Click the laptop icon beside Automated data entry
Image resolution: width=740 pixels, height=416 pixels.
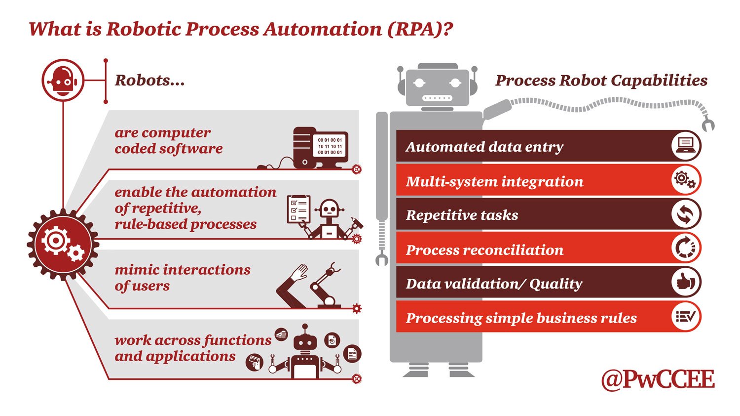(686, 146)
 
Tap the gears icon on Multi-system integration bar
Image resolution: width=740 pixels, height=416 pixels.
(686, 180)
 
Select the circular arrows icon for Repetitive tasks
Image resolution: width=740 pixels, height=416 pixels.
(686, 214)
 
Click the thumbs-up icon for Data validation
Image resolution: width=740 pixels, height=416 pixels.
(686, 283)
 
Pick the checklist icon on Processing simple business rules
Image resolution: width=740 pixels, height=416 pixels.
(686, 317)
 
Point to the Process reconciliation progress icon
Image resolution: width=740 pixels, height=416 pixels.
(686, 248)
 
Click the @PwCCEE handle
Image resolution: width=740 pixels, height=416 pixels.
(658, 379)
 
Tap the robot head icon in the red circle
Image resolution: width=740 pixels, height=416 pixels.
(63, 80)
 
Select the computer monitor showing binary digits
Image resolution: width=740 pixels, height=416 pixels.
(330, 147)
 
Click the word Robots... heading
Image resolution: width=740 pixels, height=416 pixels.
(149, 81)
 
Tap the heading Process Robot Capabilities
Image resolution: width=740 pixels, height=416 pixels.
(601, 81)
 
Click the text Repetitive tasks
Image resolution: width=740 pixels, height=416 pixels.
(462, 215)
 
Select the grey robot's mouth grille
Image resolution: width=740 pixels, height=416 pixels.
(437, 98)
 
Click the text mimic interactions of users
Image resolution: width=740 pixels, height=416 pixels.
(182, 278)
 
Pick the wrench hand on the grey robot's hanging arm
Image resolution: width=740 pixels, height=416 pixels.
(381, 259)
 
